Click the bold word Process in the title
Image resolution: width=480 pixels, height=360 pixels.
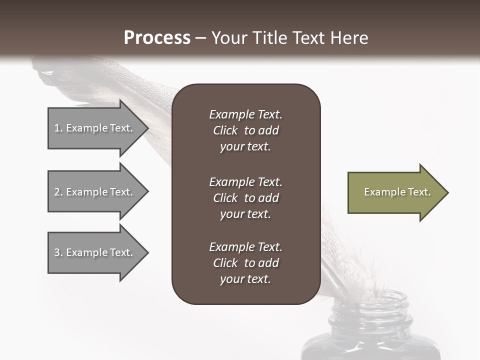point(157,38)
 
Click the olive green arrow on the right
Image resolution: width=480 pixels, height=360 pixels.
point(395,192)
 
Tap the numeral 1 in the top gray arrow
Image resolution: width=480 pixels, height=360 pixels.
point(57,128)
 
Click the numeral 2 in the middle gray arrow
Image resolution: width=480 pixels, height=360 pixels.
point(57,192)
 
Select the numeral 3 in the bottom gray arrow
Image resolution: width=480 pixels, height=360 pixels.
point(57,252)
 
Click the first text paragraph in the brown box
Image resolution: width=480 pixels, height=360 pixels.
point(245,130)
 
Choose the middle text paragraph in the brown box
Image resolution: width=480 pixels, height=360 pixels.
point(245,198)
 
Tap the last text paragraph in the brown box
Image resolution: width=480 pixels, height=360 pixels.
point(245,263)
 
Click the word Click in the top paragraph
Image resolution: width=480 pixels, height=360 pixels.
point(225,130)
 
